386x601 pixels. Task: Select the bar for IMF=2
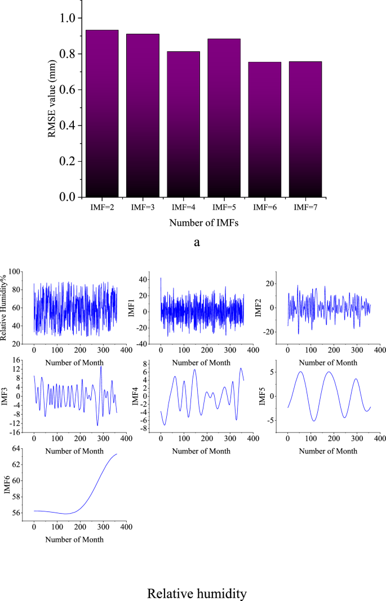[x=101, y=113]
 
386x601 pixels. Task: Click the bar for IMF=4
[x=183, y=124]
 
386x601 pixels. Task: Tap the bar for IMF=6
[x=264, y=129]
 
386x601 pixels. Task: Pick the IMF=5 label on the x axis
[x=224, y=207]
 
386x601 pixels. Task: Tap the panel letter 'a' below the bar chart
[x=197, y=243]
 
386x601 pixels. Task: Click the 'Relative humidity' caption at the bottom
[x=197, y=593]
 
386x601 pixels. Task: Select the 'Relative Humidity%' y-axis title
[x=6, y=308]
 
